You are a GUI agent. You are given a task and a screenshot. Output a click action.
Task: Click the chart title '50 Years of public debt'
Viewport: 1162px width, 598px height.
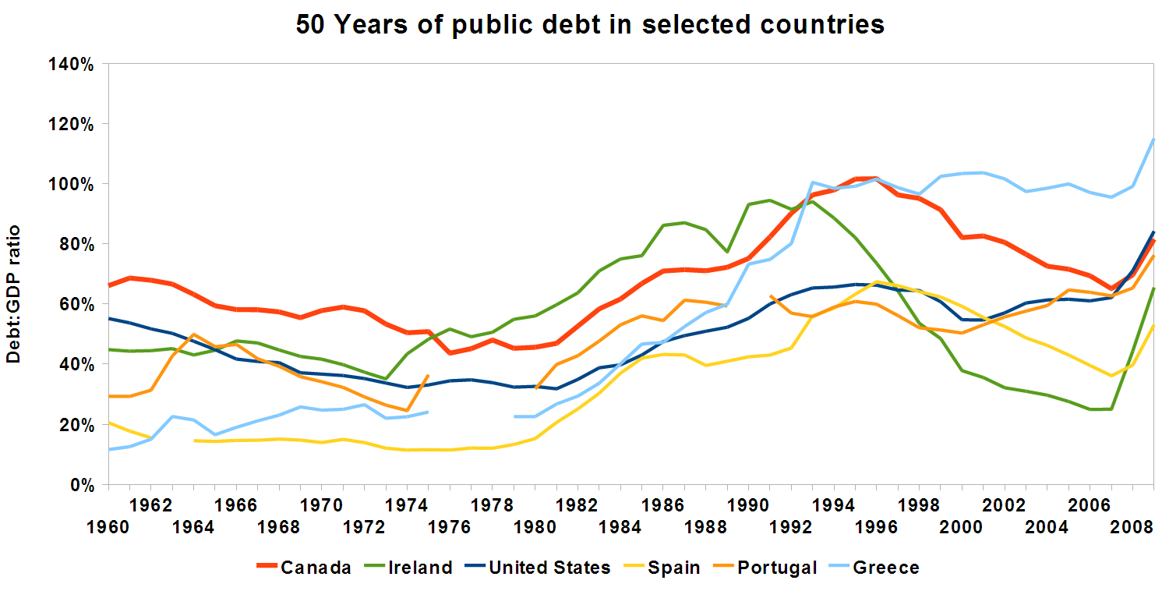[590, 23]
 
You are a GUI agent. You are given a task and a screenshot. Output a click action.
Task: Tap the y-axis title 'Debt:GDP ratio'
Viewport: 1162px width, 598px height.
[13, 294]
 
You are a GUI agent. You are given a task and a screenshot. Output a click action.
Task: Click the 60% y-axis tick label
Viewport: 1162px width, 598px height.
[77, 305]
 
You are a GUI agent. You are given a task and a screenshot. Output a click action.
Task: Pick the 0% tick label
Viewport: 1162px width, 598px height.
[81, 485]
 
